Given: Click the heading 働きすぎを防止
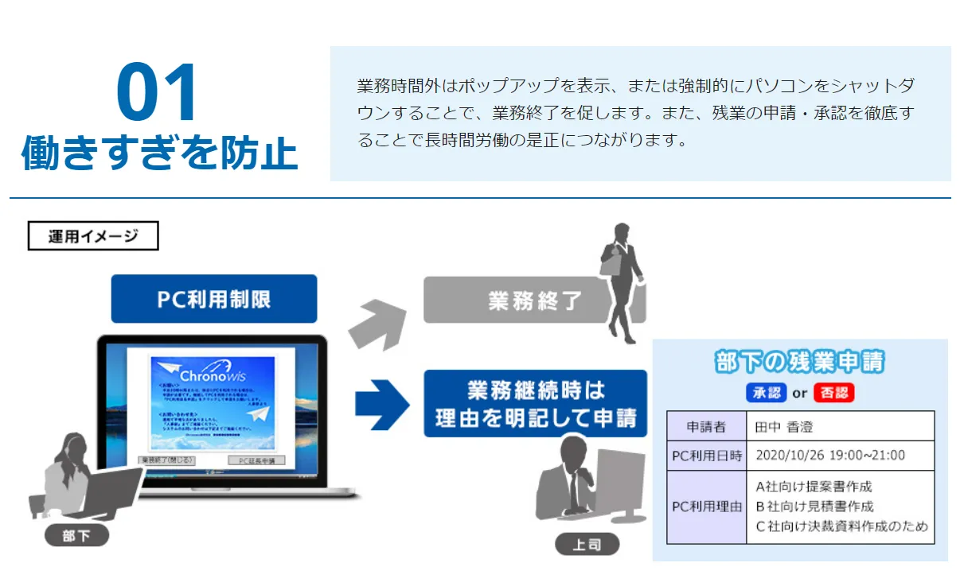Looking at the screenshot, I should point(159,153).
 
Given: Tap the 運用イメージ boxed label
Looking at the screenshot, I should point(93,236).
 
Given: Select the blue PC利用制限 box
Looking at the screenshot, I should point(213,299).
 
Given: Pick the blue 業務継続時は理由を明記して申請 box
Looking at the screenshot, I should point(535,404).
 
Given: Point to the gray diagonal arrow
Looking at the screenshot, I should point(373,321).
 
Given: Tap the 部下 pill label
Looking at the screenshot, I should point(76,536).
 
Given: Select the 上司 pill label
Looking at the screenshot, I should point(587,545).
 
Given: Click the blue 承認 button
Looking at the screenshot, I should point(766,393).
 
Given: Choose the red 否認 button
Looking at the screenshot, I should point(833,393).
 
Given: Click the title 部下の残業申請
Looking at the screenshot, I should point(799,363).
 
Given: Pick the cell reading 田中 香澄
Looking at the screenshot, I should point(784,427).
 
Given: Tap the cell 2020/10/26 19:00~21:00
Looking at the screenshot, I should point(829,456).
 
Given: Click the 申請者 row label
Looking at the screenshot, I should point(706,427).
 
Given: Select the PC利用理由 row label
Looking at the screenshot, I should point(706,506).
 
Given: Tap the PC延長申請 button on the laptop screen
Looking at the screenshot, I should point(256,460).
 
